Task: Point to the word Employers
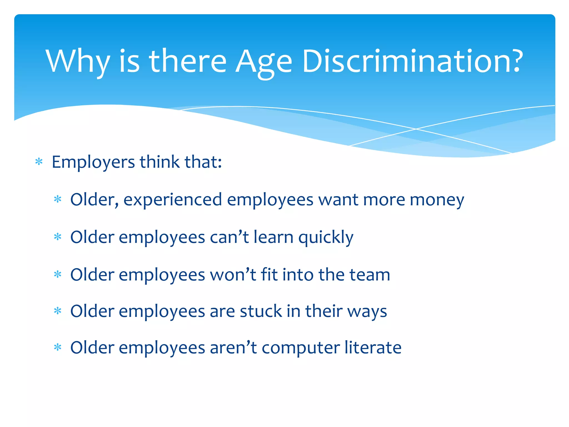pos(93,162)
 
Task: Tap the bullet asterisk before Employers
pos(39,162)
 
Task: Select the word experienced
pos(173,200)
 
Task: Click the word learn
pos(273,237)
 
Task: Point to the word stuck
pos(261,311)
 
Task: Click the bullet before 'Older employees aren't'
pos(58,347)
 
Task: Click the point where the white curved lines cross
pos(416,129)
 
